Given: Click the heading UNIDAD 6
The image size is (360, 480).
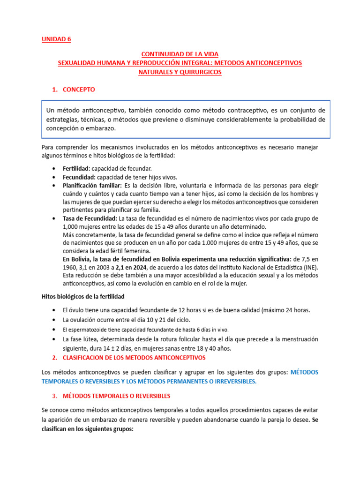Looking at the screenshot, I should click(57, 39).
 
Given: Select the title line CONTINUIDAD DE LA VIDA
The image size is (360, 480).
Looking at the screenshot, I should click(180, 54).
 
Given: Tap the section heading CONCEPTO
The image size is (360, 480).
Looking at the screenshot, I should click(79, 89).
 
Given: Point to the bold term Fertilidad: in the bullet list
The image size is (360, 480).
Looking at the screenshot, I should click(76, 168).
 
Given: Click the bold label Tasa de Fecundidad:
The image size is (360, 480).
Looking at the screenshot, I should click(90, 218).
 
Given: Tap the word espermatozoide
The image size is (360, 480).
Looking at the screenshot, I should click(90, 330).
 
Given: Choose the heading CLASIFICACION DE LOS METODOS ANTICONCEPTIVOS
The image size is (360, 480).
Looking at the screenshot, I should click(134, 358).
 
